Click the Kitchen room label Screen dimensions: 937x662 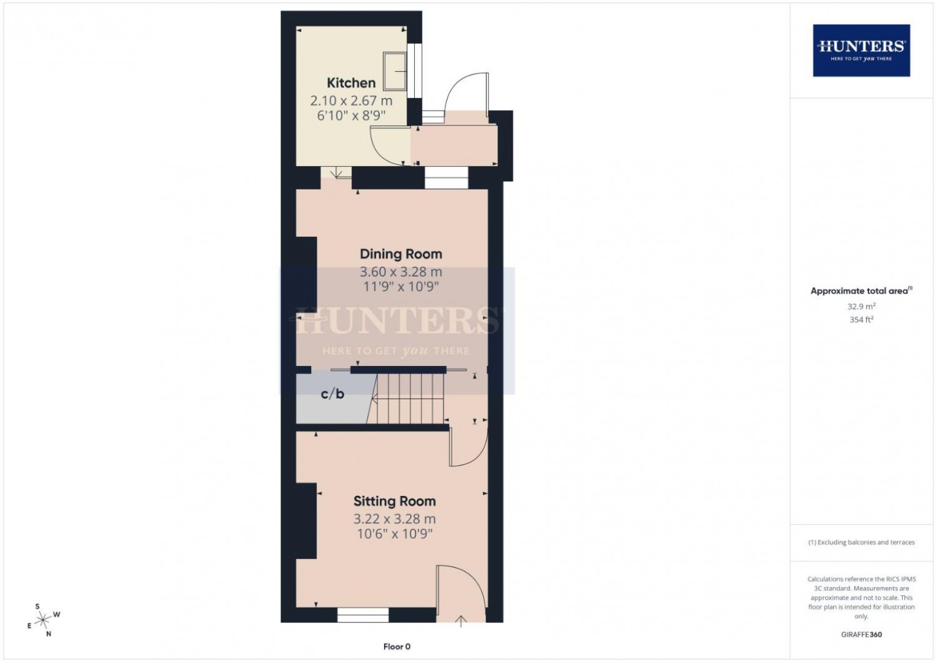(351, 83)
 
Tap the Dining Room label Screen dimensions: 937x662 (401, 254)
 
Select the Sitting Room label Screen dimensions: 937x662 (394, 501)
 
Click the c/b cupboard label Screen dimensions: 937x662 (332, 393)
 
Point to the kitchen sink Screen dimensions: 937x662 (395, 71)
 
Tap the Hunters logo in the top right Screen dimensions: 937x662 (861, 51)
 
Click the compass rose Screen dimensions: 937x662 (44, 620)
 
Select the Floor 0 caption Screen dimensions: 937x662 (397, 646)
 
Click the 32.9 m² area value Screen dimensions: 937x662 (861, 306)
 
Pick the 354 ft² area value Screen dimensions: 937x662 (861, 320)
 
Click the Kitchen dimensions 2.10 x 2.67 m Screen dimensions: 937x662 (351, 101)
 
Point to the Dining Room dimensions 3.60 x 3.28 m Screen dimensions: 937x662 (401, 272)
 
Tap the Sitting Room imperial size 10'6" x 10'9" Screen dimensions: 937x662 (394, 534)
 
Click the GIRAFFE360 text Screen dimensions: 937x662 (861, 635)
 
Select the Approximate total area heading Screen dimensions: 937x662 (861, 290)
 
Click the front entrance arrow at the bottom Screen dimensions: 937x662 (461, 621)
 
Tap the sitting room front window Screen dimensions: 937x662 (363, 615)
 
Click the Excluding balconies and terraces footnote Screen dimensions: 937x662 (861, 542)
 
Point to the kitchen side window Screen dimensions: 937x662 (415, 71)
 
